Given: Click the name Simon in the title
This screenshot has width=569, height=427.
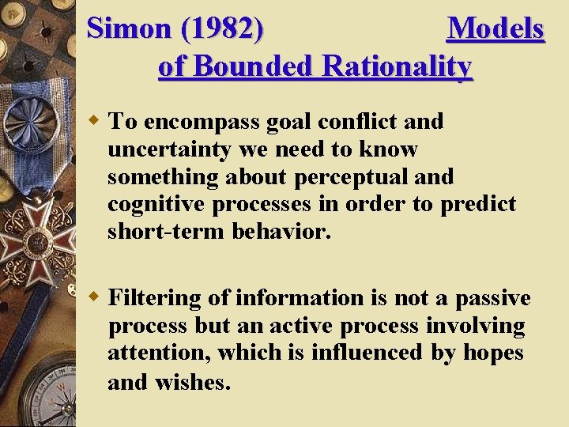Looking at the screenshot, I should click(x=128, y=29).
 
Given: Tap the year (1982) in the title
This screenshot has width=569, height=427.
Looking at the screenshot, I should click(x=222, y=29).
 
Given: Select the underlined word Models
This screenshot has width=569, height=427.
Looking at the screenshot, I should click(x=496, y=29).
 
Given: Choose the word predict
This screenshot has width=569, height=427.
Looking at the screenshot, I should click(x=477, y=204).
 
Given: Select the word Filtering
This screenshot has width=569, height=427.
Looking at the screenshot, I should click(x=155, y=298).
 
